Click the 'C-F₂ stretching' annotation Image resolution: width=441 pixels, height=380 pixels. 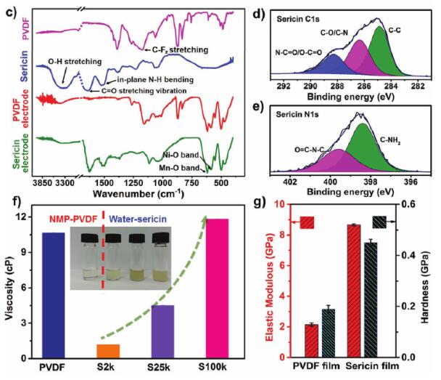click(177, 49)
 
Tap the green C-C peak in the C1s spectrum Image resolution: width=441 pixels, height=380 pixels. click(379, 54)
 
